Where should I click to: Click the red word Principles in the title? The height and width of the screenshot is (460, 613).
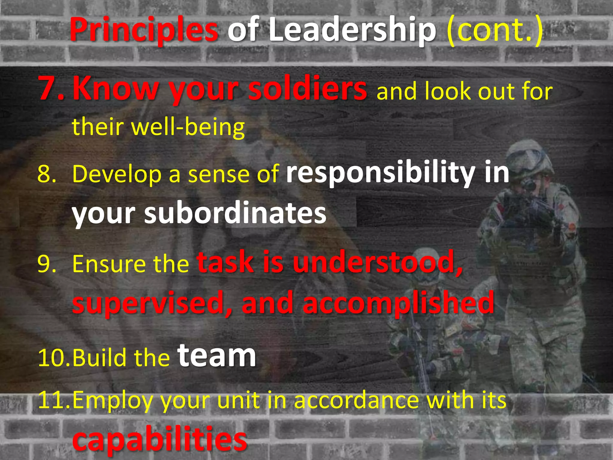144,30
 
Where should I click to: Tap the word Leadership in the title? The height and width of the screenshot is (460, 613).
352,30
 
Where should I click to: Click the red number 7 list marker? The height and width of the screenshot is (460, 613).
51,88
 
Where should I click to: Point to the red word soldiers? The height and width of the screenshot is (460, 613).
307,88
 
